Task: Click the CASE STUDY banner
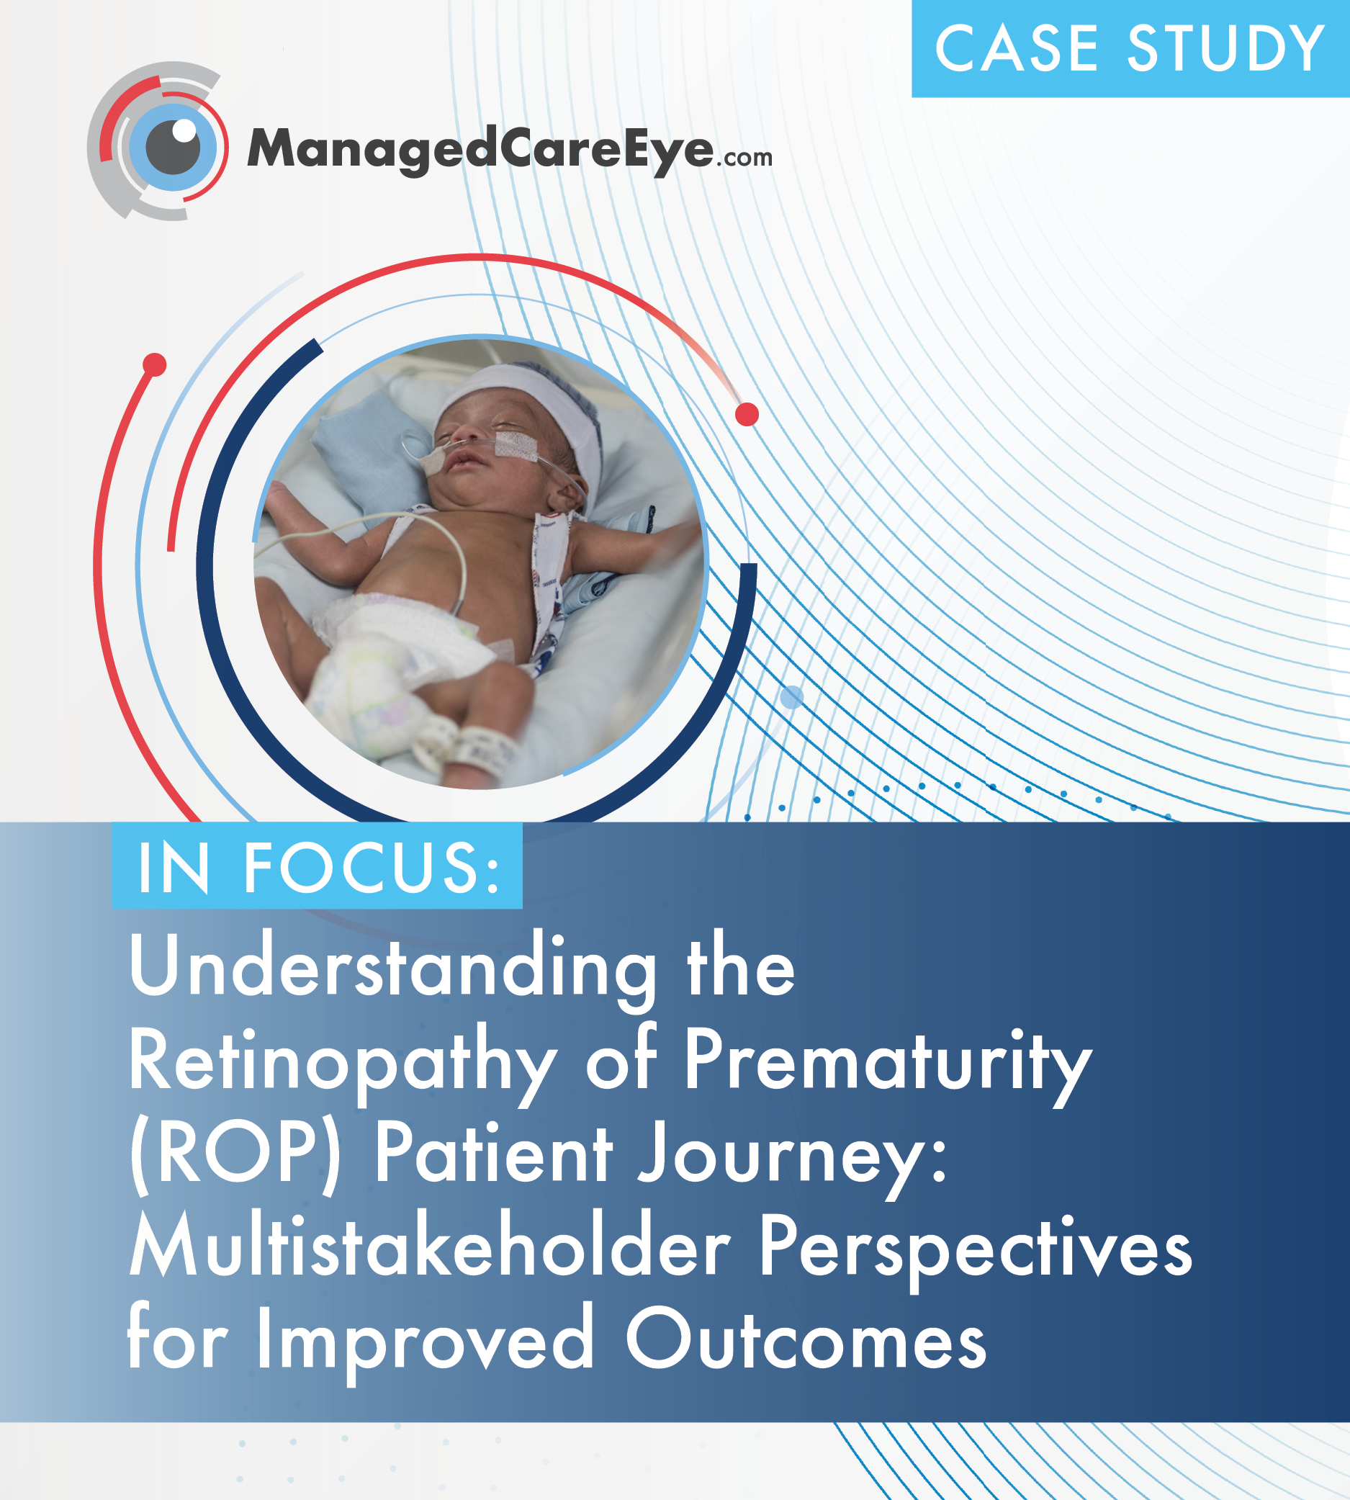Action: pos(1130,49)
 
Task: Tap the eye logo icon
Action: pos(157,141)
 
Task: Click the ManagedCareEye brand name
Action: pos(480,151)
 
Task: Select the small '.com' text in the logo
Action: pos(743,157)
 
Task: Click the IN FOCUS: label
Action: pos(317,866)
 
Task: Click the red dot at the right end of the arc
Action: pos(747,414)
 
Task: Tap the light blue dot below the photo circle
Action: pos(792,696)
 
